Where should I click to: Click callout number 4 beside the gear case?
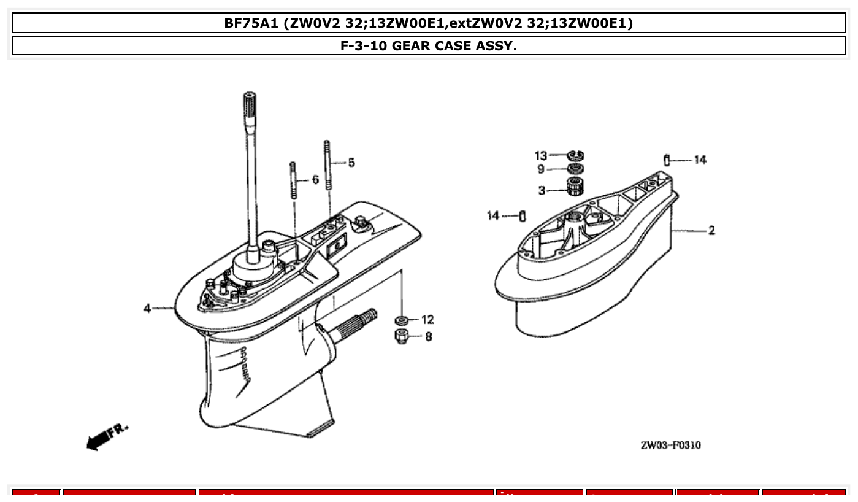point(147,308)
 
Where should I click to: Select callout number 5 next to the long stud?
point(351,163)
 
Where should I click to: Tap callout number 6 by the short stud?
point(315,180)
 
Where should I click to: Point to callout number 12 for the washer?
point(427,320)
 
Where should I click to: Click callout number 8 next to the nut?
point(428,336)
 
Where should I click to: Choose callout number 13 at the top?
point(540,155)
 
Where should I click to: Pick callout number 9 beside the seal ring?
point(541,169)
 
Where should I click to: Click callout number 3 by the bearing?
point(542,191)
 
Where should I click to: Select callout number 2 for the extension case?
point(711,231)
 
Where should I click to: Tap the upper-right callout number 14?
point(700,160)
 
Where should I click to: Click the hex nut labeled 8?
point(402,336)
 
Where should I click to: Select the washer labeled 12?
point(402,320)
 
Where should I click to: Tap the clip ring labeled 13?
point(575,155)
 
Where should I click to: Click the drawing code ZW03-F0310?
point(670,446)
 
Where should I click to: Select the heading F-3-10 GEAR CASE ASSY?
point(429,46)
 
